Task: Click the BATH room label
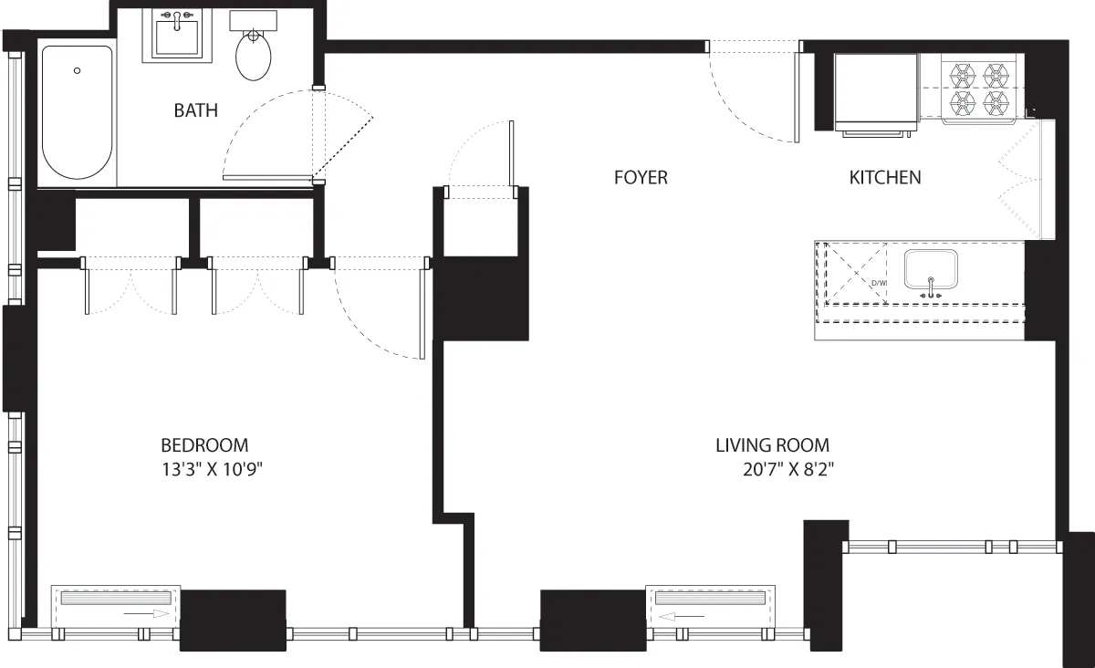(196, 110)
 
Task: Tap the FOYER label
(641, 177)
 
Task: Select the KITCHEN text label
(884, 177)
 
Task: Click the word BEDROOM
(204, 445)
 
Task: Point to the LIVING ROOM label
(772, 445)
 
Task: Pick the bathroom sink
(177, 37)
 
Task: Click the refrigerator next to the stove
(876, 91)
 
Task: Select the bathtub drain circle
(78, 70)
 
